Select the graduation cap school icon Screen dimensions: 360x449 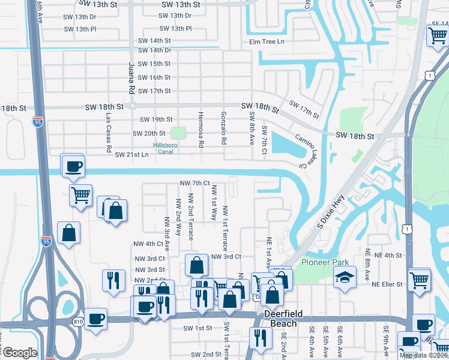click(344, 278)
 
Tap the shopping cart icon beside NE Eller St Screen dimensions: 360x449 click(418, 278)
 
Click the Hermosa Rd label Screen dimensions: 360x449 click(201, 129)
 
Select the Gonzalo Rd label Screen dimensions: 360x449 click(223, 128)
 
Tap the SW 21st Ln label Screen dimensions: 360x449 click(131, 155)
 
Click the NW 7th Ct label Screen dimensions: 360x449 click(194, 182)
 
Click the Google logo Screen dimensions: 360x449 click(19, 353)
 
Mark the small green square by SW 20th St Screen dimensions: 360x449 click(178, 132)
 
